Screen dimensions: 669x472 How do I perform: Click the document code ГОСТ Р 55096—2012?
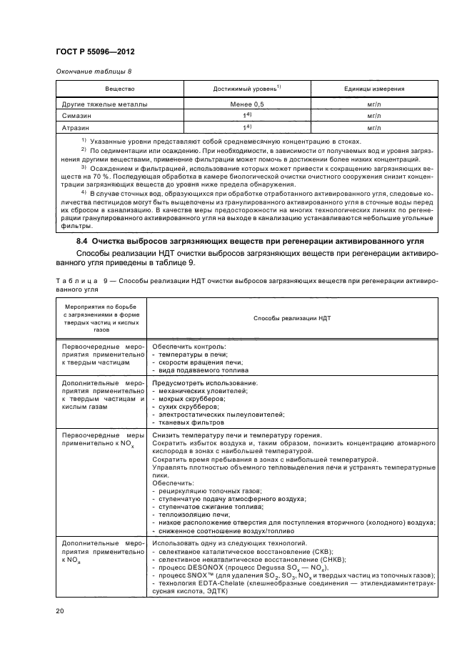[x=95, y=52]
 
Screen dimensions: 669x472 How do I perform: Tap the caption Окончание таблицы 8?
[x=93, y=72]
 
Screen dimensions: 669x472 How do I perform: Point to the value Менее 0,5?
[x=246, y=104]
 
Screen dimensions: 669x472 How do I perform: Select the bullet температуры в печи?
[x=192, y=354]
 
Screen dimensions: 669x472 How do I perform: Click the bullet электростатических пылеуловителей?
[x=221, y=415]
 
